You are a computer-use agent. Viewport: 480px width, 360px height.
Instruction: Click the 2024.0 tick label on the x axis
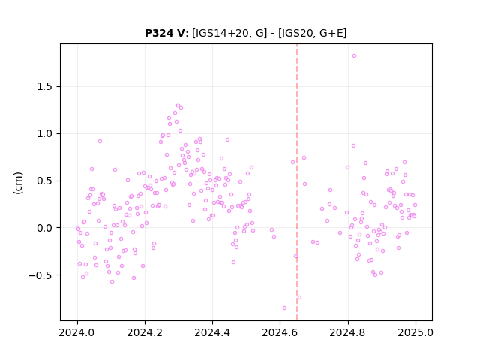77,332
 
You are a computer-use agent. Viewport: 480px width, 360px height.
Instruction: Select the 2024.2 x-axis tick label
145,332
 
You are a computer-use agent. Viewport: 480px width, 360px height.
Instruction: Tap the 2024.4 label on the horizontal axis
212,332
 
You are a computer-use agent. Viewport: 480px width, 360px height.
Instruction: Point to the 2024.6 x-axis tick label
280,332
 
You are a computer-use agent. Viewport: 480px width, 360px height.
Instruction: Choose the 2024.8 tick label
348,332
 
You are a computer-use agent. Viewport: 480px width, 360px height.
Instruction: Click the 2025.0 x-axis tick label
415,332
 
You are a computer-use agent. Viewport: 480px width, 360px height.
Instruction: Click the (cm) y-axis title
18,183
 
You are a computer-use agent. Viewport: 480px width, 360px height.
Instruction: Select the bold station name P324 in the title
158,33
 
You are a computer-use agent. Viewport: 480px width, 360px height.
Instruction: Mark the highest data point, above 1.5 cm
354,56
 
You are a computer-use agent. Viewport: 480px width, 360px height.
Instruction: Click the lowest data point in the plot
284,308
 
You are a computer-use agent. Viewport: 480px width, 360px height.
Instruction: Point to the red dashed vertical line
297,182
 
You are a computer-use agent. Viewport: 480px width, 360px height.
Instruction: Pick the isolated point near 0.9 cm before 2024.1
100,142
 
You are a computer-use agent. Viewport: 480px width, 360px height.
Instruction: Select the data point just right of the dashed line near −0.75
299,298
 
